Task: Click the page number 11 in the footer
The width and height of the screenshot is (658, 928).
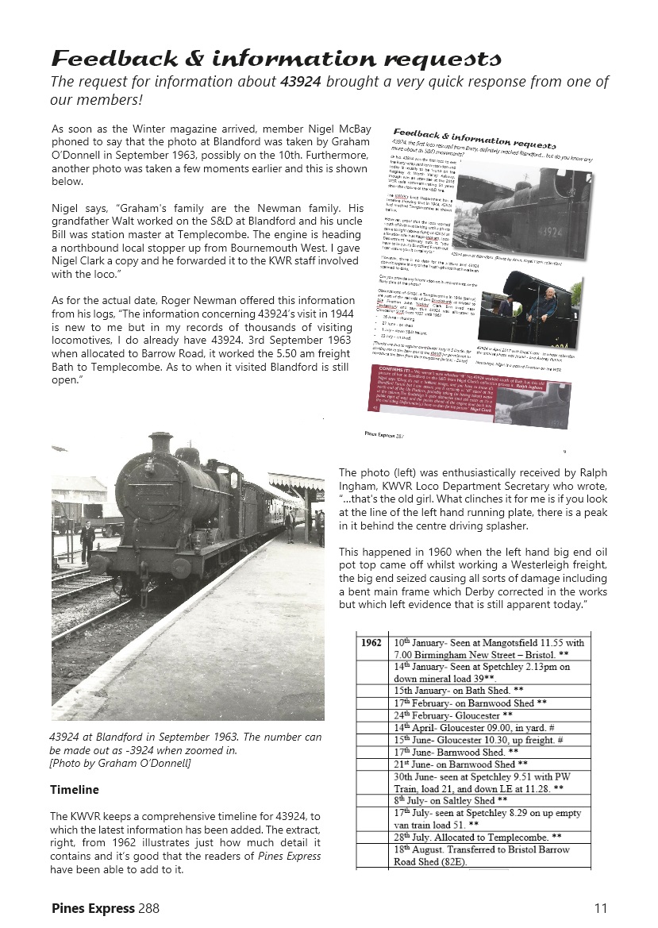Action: point(601,907)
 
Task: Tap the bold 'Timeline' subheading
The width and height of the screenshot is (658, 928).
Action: point(75,790)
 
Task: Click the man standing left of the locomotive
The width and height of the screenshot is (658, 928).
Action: point(87,539)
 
